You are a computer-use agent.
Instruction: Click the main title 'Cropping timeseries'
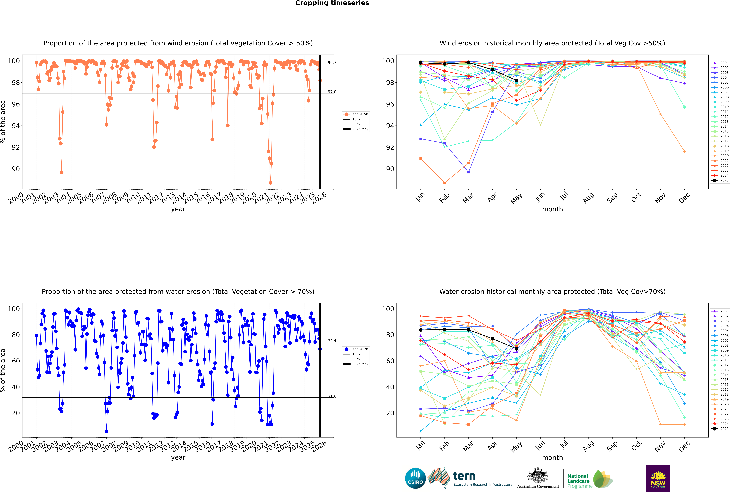[332, 3]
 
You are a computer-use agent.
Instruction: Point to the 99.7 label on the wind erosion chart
[332, 63]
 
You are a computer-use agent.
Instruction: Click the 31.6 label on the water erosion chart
[332, 397]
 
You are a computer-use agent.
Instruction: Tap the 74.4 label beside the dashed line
[332, 341]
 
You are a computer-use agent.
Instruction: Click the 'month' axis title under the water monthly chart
[552, 458]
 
